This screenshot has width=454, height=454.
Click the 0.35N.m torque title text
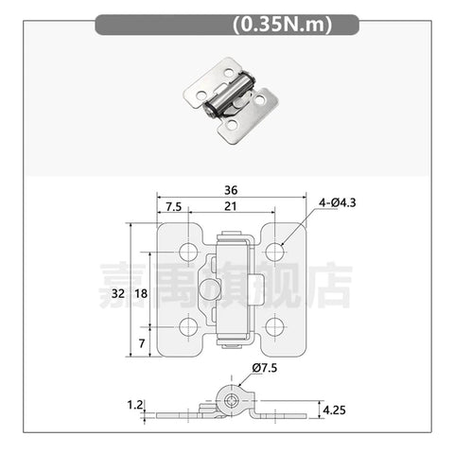pos(281,26)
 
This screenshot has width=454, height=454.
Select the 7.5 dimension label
pos(174,207)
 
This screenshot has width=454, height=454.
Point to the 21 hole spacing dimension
pos(232,207)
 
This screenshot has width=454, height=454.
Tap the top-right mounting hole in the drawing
pos(275,252)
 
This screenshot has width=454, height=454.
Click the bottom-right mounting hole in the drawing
pos(275,326)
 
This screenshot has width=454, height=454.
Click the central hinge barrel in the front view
pos(232,289)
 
